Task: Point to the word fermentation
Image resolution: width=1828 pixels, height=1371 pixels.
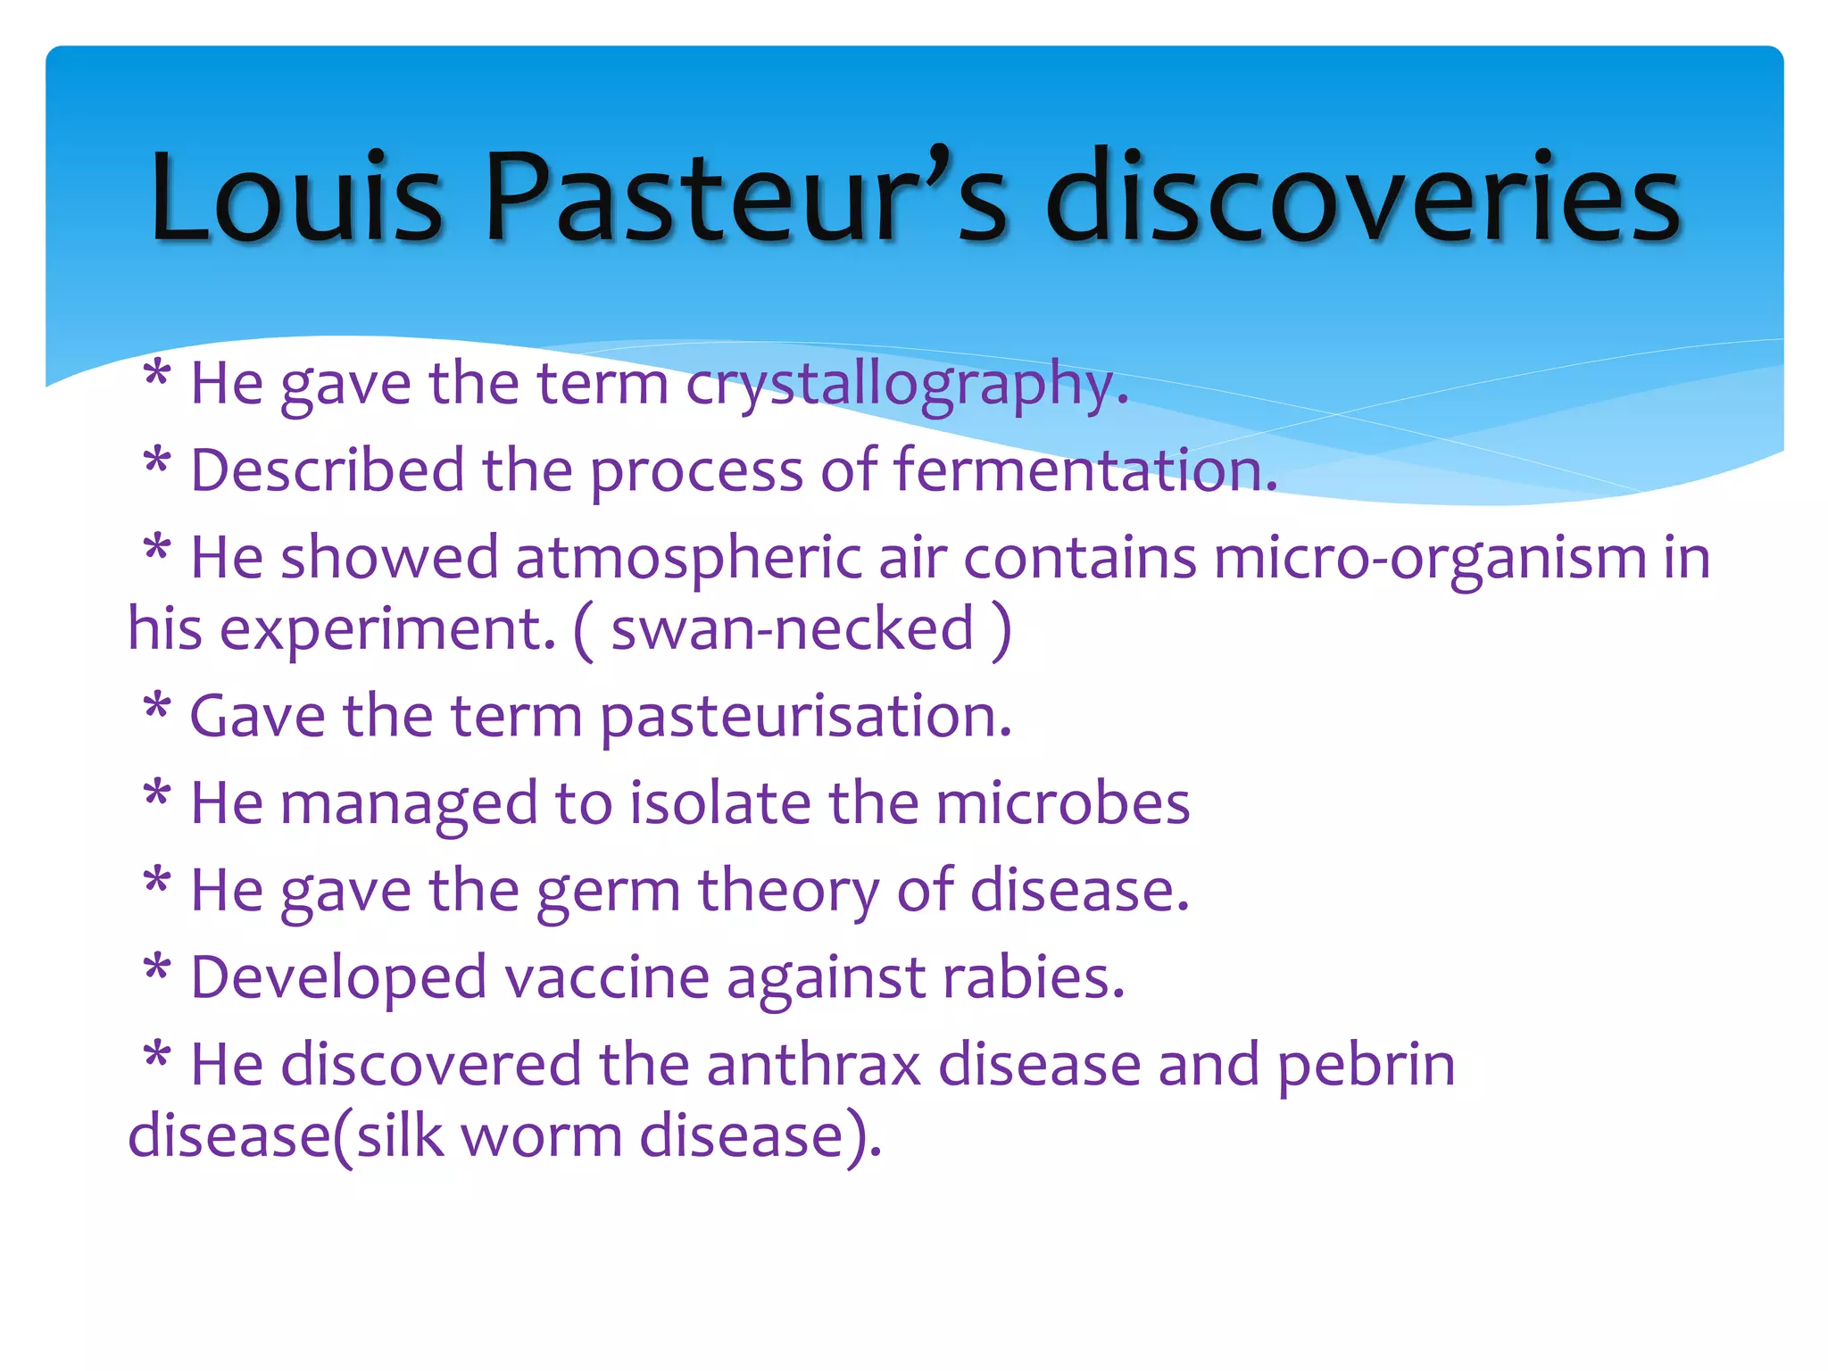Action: click(1085, 470)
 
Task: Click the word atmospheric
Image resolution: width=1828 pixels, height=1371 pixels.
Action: click(688, 559)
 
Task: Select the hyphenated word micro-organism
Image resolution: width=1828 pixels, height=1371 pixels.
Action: click(1429, 559)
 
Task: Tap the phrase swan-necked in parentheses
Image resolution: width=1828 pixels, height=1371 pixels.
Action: click(792, 629)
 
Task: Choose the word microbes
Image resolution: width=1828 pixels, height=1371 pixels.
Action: click(1062, 802)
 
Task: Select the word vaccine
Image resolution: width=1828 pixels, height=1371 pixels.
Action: click(607, 977)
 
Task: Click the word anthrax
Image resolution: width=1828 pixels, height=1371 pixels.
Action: click(813, 1065)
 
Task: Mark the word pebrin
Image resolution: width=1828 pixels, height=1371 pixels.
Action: click(1366, 1065)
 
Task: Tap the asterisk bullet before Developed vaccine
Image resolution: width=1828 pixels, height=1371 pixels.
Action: click(157, 969)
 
